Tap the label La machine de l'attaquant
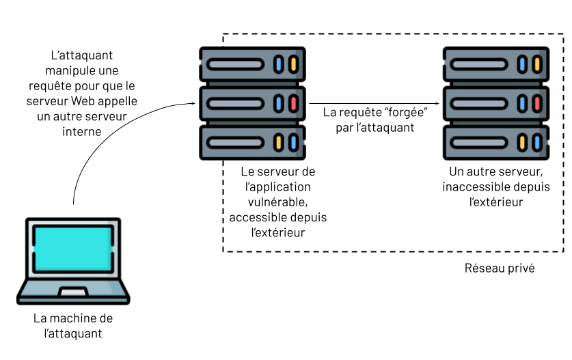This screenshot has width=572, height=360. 73,326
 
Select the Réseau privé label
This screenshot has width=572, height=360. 499,268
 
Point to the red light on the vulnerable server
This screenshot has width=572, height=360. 293,104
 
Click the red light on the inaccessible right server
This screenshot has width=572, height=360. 537,104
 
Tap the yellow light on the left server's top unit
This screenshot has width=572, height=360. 293,65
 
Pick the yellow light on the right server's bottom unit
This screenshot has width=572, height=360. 521,143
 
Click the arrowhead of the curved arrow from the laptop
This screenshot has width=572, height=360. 193,104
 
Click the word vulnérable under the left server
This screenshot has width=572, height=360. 278,202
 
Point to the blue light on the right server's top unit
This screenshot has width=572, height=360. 521,65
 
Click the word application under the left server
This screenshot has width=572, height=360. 282,186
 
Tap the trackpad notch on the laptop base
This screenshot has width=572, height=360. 72,292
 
